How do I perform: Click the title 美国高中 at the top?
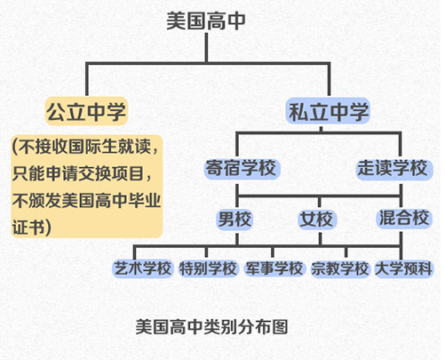pyautogui.click(x=206, y=20)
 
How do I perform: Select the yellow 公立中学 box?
pyautogui.click(x=86, y=111)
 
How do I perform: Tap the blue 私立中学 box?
pyautogui.click(x=329, y=111)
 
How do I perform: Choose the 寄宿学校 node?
pyautogui.click(x=242, y=168)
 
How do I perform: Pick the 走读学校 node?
pyautogui.click(x=393, y=168)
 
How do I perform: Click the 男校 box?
pyautogui.click(x=234, y=219)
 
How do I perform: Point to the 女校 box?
pyautogui.click(x=317, y=219)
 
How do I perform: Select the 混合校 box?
pyautogui.click(x=404, y=218)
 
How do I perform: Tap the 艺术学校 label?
pyautogui.click(x=143, y=268)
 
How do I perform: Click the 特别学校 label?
pyautogui.click(x=208, y=268)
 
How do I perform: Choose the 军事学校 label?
pyautogui.click(x=274, y=268)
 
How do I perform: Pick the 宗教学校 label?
pyautogui.click(x=340, y=268)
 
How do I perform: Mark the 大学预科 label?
pyautogui.click(x=404, y=268)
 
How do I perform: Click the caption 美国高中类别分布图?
pyautogui.click(x=212, y=327)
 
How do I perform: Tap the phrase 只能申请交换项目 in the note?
pyautogui.click(x=78, y=173)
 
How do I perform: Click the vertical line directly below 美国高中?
pyautogui.click(x=206, y=47)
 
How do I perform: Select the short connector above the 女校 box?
pyautogui.click(x=319, y=202)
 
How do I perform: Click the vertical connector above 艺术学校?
pyautogui.click(x=135, y=253)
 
